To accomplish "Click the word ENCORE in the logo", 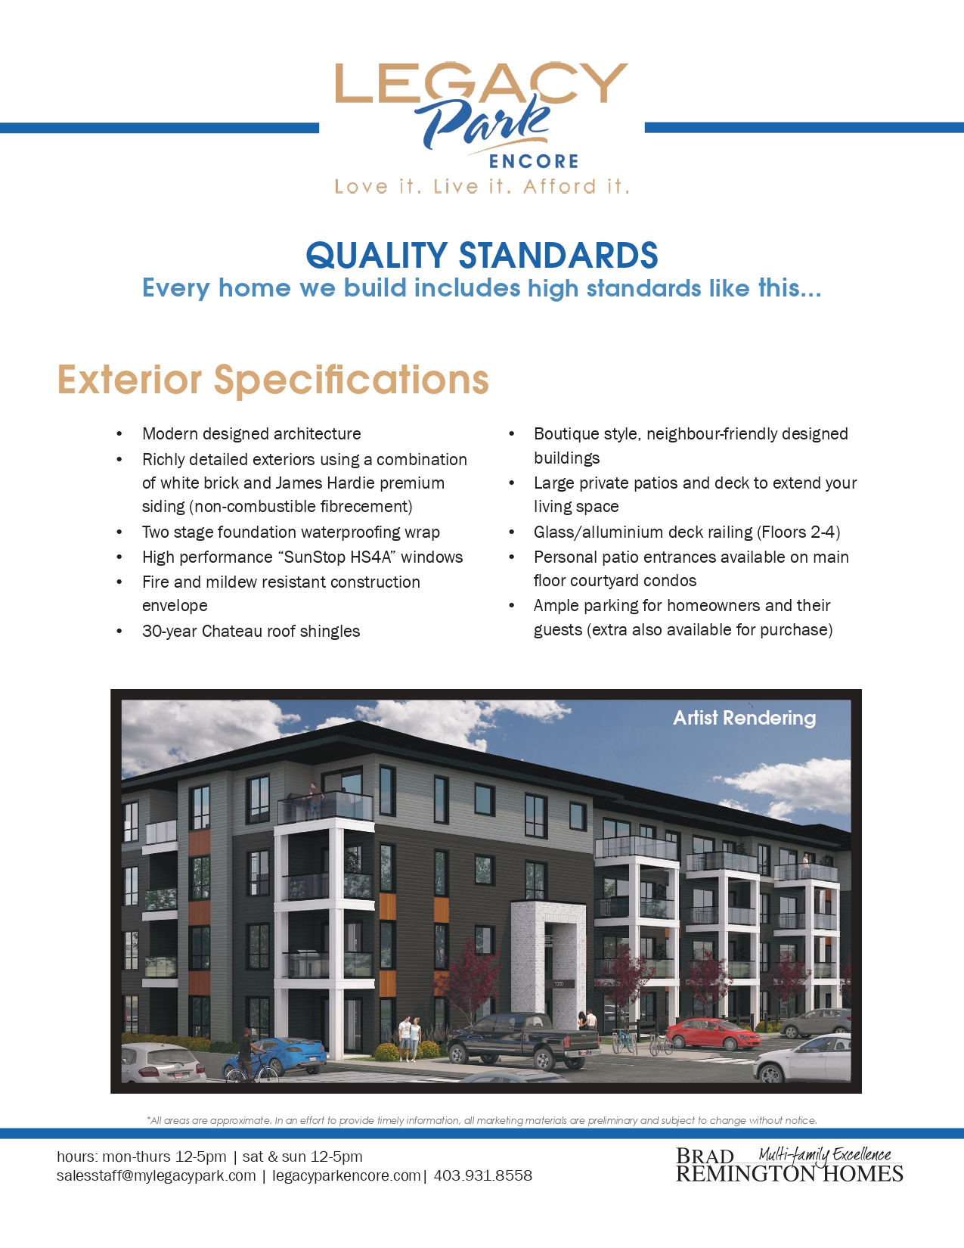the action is pyautogui.click(x=533, y=161).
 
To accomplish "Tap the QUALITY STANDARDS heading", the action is pyautogui.click(x=482, y=256).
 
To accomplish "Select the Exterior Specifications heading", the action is pyautogui.click(x=273, y=380).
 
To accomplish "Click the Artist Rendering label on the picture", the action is pyautogui.click(x=744, y=718).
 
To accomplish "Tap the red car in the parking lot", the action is pyautogui.click(x=712, y=1033).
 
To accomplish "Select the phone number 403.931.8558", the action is pyautogui.click(x=483, y=1175).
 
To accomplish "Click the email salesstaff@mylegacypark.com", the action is pyautogui.click(x=157, y=1176).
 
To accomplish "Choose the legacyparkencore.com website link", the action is pyautogui.click(x=346, y=1176).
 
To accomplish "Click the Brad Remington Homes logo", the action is pyautogui.click(x=789, y=1164).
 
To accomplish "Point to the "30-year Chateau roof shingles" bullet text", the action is pyautogui.click(x=251, y=631).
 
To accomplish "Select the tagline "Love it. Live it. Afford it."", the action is pyautogui.click(x=482, y=187).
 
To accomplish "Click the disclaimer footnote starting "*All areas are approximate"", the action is pyautogui.click(x=482, y=1120).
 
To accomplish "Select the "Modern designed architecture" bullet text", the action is pyautogui.click(x=252, y=434).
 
